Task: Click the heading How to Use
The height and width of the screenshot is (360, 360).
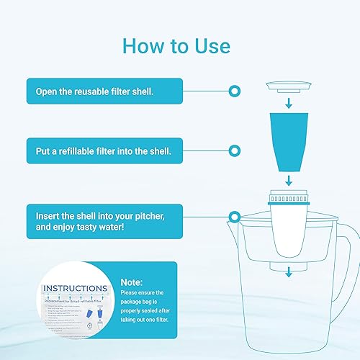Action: pyautogui.click(x=176, y=46)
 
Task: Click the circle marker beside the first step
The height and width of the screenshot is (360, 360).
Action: pyautogui.click(x=233, y=91)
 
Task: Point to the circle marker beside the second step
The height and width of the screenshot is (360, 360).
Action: pyautogui.click(x=233, y=151)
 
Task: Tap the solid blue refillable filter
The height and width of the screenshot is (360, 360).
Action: pyautogui.click(x=289, y=140)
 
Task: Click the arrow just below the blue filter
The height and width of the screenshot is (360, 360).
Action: pyautogui.click(x=289, y=179)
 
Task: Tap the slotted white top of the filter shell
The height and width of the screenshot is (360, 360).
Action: pyautogui.click(x=289, y=196)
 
